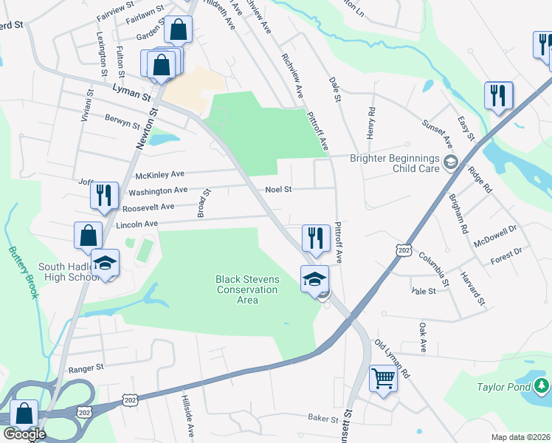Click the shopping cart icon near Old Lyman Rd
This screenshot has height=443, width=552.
coord(384,378)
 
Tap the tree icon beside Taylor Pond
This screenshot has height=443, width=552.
coord(542,385)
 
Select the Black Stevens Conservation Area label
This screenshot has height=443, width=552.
coord(247,289)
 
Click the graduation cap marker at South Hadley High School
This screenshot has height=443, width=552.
coord(105,263)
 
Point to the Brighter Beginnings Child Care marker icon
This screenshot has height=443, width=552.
coord(450,162)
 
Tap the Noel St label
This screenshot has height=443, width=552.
coord(279,190)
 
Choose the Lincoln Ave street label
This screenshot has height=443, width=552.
coord(137,224)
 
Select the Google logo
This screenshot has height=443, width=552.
coord(24,434)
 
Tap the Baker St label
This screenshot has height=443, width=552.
coord(322,419)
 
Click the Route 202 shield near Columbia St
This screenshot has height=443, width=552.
coord(403,251)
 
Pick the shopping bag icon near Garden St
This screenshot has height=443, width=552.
coord(179,30)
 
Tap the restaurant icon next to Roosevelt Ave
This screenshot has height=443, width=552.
coord(103,195)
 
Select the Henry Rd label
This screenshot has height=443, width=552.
coord(371,121)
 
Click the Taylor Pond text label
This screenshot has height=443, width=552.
coord(498,386)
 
